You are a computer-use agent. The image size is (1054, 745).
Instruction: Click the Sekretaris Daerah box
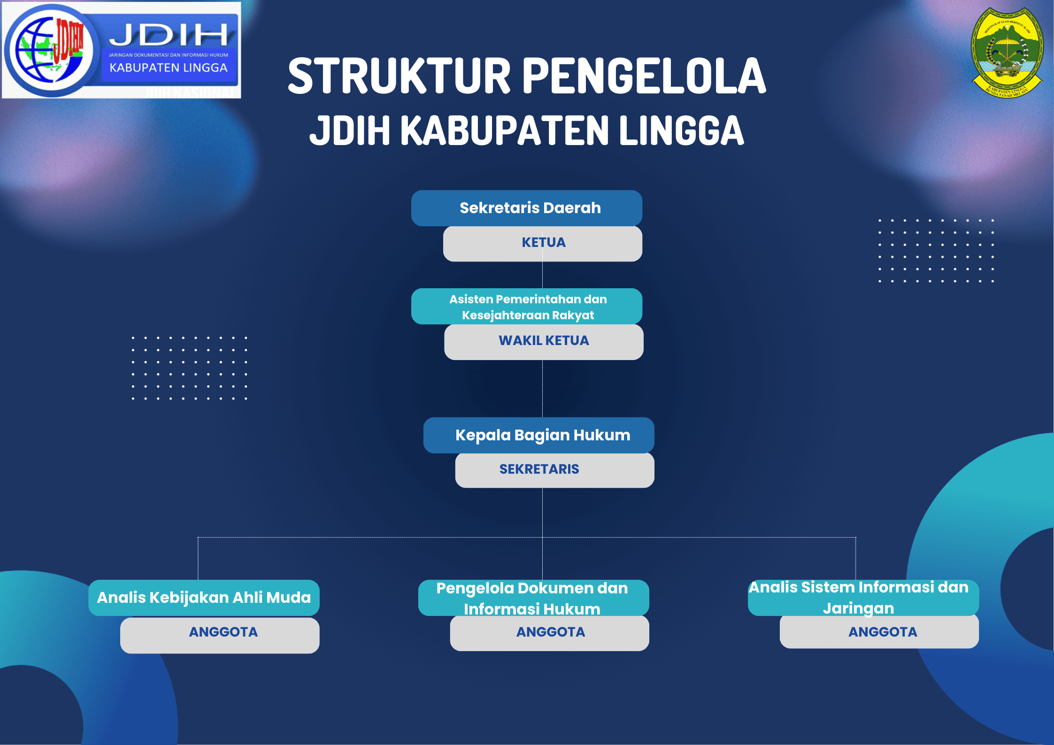[x=527, y=208]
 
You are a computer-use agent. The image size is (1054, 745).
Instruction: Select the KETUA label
[x=544, y=242]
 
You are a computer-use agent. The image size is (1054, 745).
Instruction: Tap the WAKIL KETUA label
[x=544, y=340]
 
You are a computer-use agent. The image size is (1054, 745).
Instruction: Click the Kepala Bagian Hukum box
[x=539, y=435]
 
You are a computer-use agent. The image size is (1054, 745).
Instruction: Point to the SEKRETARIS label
[x=539, y=469]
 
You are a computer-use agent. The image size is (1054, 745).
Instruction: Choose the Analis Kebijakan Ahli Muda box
[x=204, y=598]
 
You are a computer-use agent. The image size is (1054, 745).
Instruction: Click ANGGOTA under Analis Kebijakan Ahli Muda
[x=223, y=632]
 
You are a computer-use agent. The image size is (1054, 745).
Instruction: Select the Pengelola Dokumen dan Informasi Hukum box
[x=534, y=598]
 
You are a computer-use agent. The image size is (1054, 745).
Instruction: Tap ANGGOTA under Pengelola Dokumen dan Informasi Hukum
[x=551, y=632]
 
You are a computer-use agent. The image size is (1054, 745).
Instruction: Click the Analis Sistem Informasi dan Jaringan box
[x=863, y=598]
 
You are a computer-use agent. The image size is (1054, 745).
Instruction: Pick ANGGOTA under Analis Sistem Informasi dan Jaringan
[x=883, y=632]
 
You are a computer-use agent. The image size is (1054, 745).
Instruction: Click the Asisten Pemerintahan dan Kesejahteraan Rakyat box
[x=527, y=306]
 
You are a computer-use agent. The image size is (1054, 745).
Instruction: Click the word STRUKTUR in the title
[x=399, y=76]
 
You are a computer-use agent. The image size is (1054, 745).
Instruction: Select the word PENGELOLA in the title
[x=644, y=76]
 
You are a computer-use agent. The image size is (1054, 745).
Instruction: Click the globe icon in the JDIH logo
[x=50, y=50]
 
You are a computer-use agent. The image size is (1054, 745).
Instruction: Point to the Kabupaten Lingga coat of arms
[x=1008, y=52]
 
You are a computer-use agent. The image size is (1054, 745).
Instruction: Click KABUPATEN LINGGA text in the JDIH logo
[x=169, y=68]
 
